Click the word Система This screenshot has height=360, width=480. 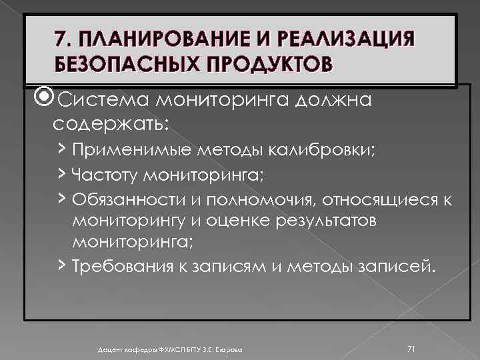(103, 101)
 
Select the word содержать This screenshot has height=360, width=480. (105, 124)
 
